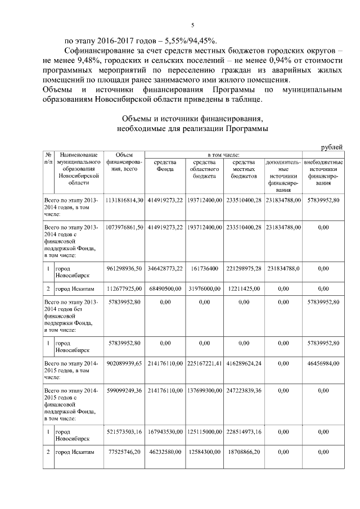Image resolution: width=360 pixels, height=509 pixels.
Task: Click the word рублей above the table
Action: [x=331, y=147]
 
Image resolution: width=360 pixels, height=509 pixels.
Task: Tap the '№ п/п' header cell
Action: [x=48, y=158]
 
